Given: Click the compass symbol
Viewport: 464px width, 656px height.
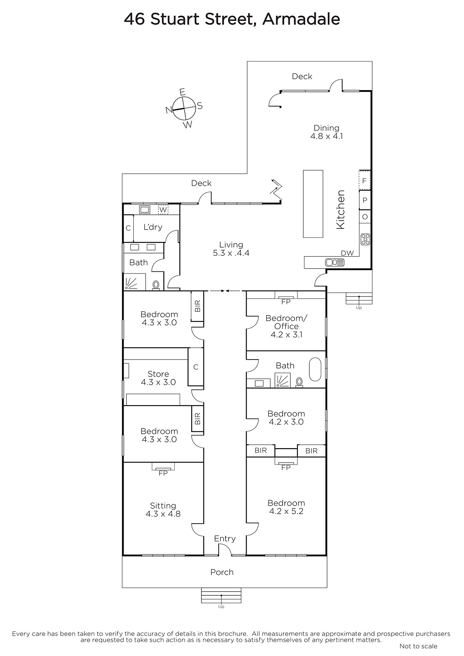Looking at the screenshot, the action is click(184, 108).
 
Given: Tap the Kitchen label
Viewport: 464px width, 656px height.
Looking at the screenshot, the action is click(340, 210).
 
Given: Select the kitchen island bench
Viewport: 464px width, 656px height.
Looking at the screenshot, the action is click(313, 203).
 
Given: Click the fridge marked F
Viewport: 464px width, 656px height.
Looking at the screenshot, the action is click(365, 180).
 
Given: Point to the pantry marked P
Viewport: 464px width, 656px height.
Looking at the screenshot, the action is click(365, 200).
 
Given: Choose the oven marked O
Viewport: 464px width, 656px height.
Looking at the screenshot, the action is click(365, 217).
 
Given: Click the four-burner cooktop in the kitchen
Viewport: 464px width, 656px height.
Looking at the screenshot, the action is click(365, 239).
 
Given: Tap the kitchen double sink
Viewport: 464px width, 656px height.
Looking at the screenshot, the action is click(335, 262).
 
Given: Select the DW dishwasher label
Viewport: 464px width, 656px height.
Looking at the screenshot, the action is click(347, 253).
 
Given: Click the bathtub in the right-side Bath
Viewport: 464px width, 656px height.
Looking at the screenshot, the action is click(315, 369).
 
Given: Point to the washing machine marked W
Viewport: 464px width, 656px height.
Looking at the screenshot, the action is click(163, 210).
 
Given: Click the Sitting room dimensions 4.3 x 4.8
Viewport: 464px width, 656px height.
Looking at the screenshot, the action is click(163, 514).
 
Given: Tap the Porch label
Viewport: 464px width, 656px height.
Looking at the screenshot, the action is click(222, 572).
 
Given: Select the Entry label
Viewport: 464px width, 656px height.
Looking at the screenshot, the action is click(225, 539).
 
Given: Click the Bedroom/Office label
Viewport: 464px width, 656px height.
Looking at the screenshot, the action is click(286, 322).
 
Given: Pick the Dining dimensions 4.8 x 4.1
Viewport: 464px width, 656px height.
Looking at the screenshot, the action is click(327, 136).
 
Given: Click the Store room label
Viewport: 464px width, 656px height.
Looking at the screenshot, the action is click(158, 374).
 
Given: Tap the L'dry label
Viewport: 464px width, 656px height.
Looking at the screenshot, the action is click(153, 227).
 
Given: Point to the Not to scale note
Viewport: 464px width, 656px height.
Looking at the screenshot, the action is click(418, 646).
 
